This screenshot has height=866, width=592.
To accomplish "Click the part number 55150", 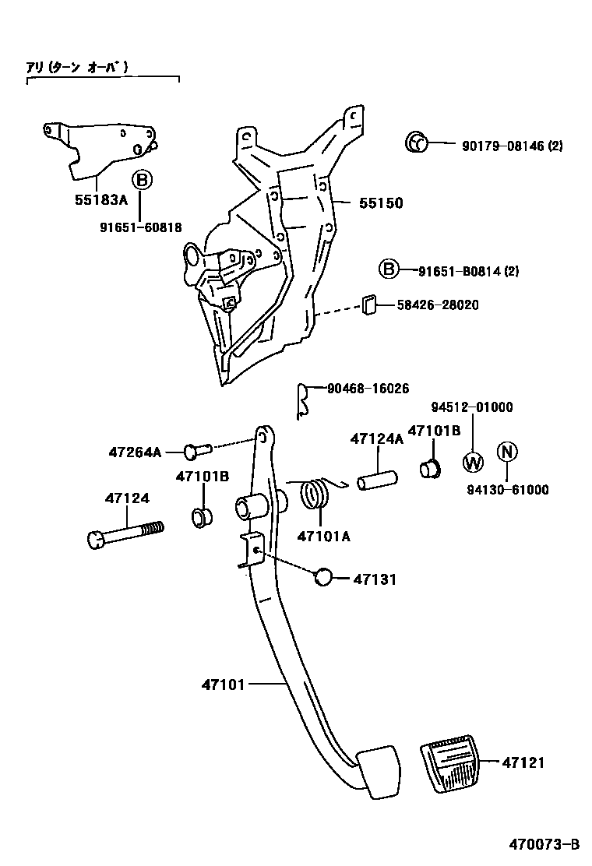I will coord(381,203).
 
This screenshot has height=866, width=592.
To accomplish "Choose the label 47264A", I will coord(135,452).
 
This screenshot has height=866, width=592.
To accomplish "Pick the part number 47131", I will coord(375,579).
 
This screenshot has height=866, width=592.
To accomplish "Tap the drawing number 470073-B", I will coord(545,844).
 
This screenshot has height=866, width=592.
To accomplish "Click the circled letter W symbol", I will coord(473,462).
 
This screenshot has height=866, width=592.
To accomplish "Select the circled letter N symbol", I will coord(507,451).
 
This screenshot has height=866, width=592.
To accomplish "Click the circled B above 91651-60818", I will coord(141,181).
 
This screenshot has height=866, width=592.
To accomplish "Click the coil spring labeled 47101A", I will coord(314,495).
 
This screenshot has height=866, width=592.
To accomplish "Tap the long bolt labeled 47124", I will coord(125,535).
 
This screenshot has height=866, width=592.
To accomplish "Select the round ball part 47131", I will coord(323,578).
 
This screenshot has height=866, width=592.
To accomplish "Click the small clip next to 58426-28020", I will coord(368,305).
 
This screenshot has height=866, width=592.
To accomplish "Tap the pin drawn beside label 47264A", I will coord(198,449).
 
